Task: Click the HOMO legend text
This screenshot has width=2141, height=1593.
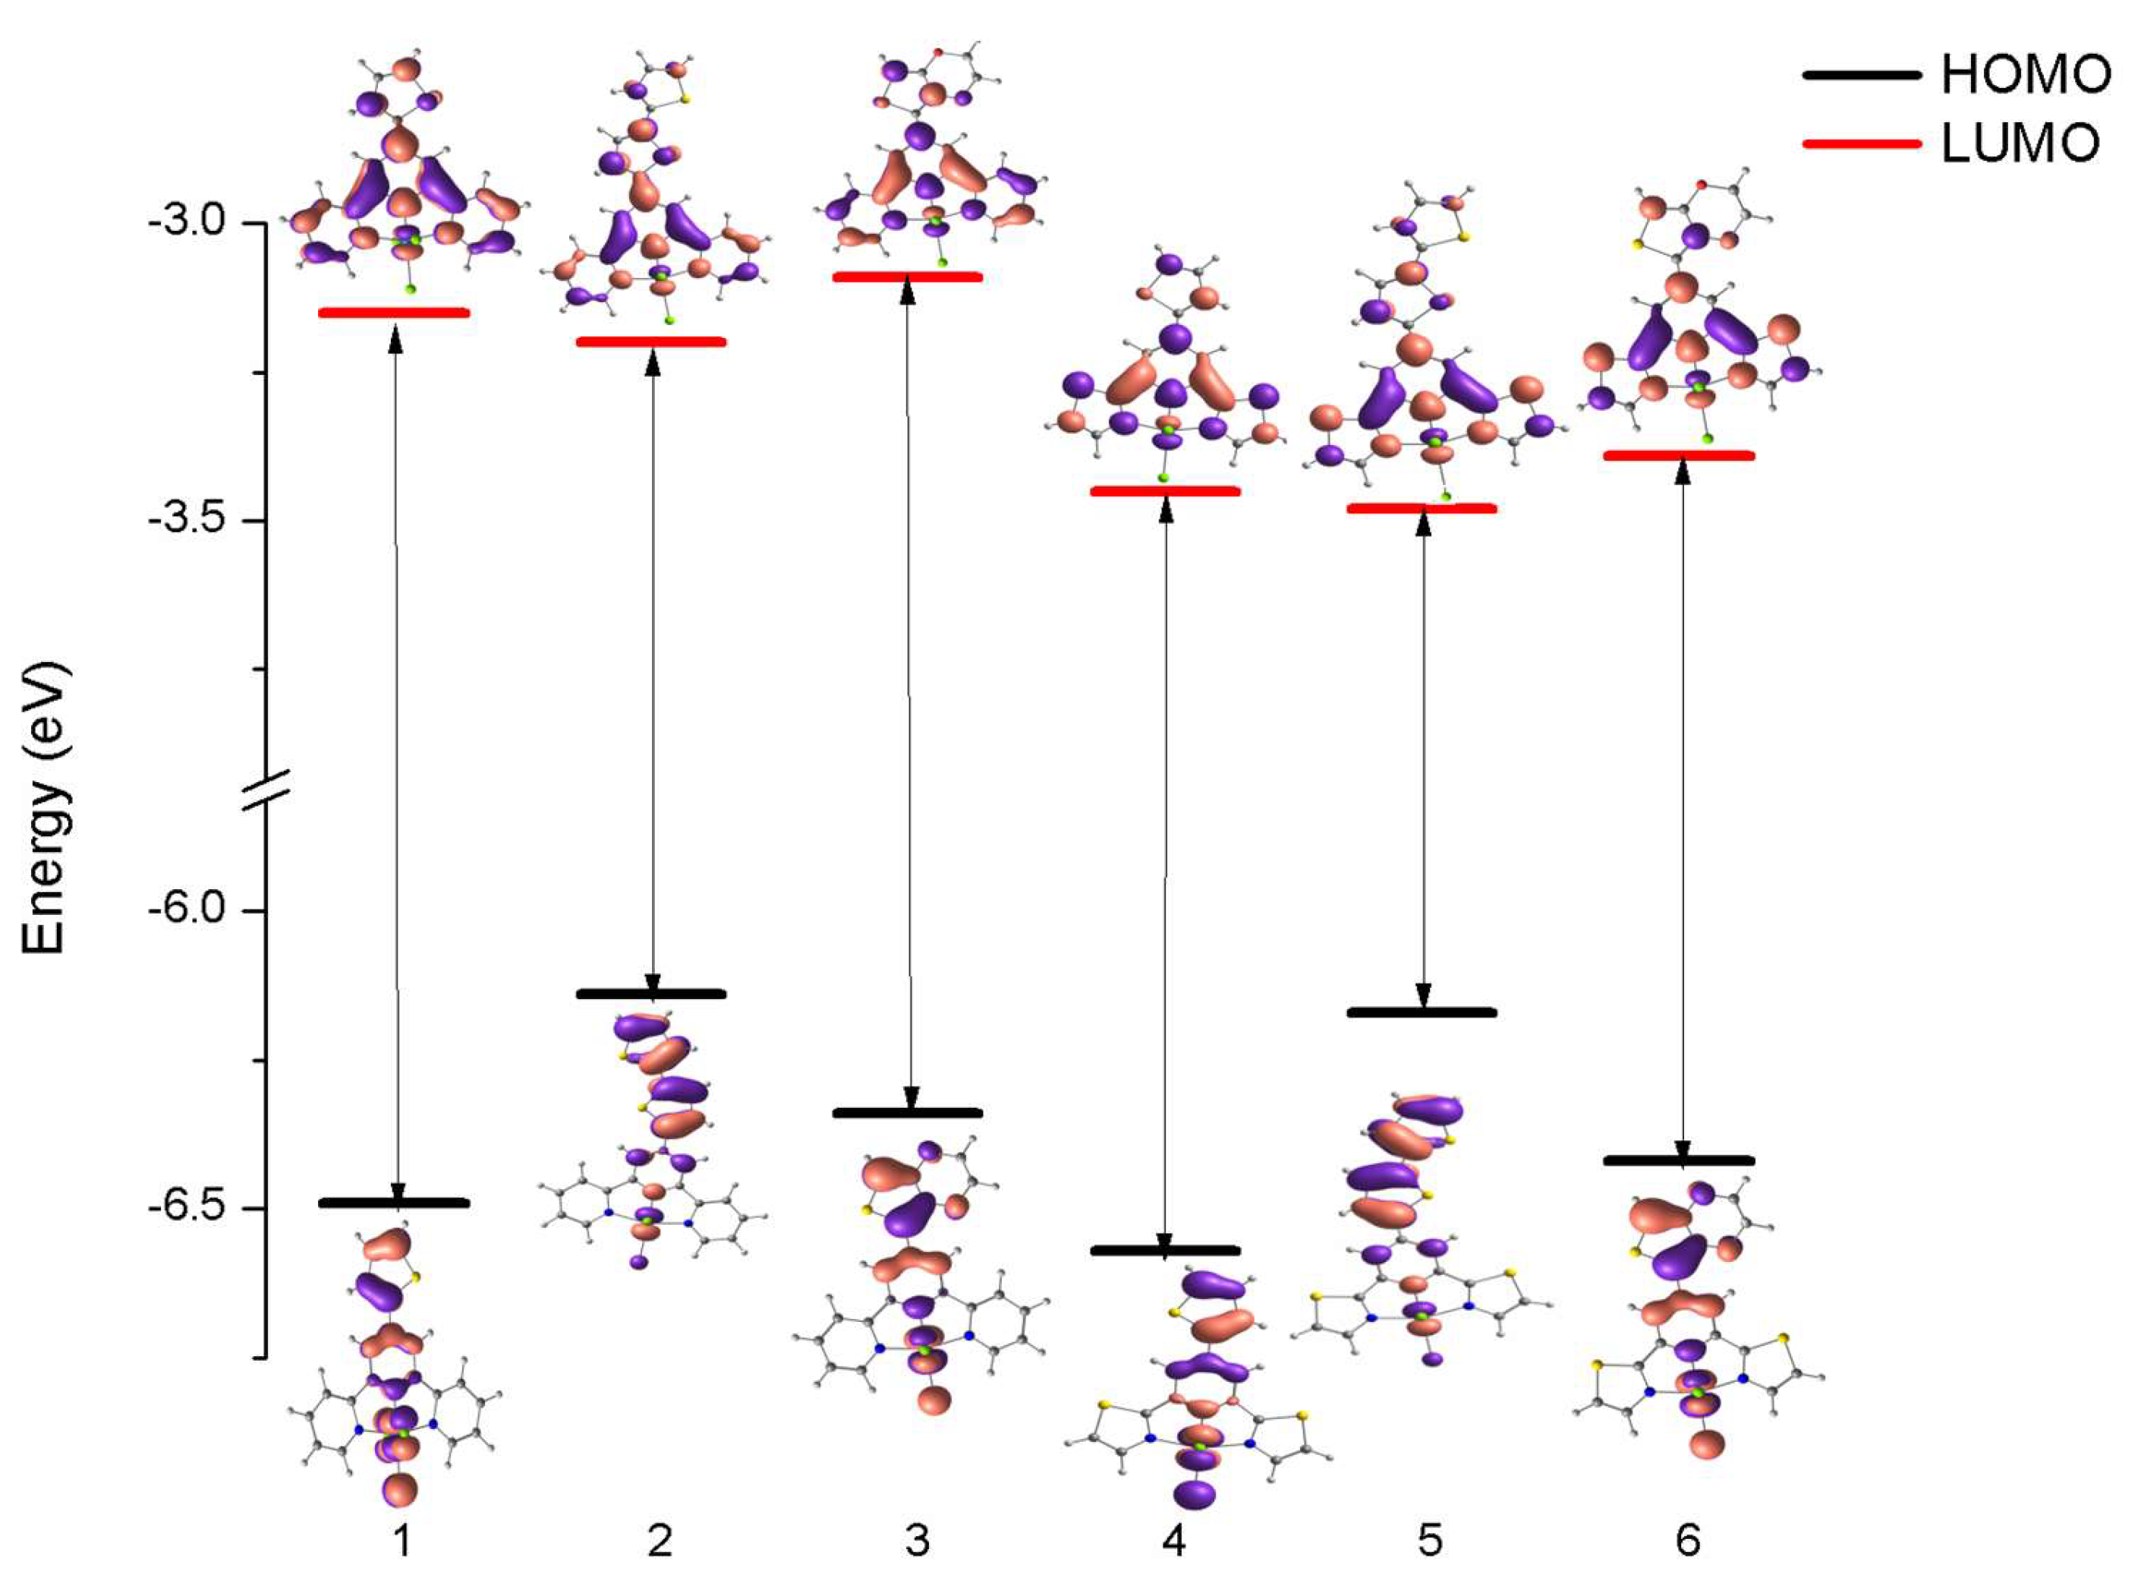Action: [x=2026, y=74]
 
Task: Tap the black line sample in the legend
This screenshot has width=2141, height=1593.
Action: [x=1860, y=74]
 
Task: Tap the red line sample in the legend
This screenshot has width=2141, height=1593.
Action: [x=1860, y=144]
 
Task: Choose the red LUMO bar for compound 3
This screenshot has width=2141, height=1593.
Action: [x=907, y=276]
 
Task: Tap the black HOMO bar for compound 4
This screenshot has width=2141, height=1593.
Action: [x=1164, y=1251]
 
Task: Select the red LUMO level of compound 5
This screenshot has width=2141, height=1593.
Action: [x=1422, y=508]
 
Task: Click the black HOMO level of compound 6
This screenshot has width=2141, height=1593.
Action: [x=1678, y=1161]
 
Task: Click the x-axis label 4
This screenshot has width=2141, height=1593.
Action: [x=1173, y=1540]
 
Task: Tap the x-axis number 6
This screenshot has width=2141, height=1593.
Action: [x=1687, y=1540]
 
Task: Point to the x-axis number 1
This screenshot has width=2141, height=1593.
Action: [x=402, y=1540]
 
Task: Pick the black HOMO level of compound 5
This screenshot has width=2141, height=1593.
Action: [x=1422, y=1012]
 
